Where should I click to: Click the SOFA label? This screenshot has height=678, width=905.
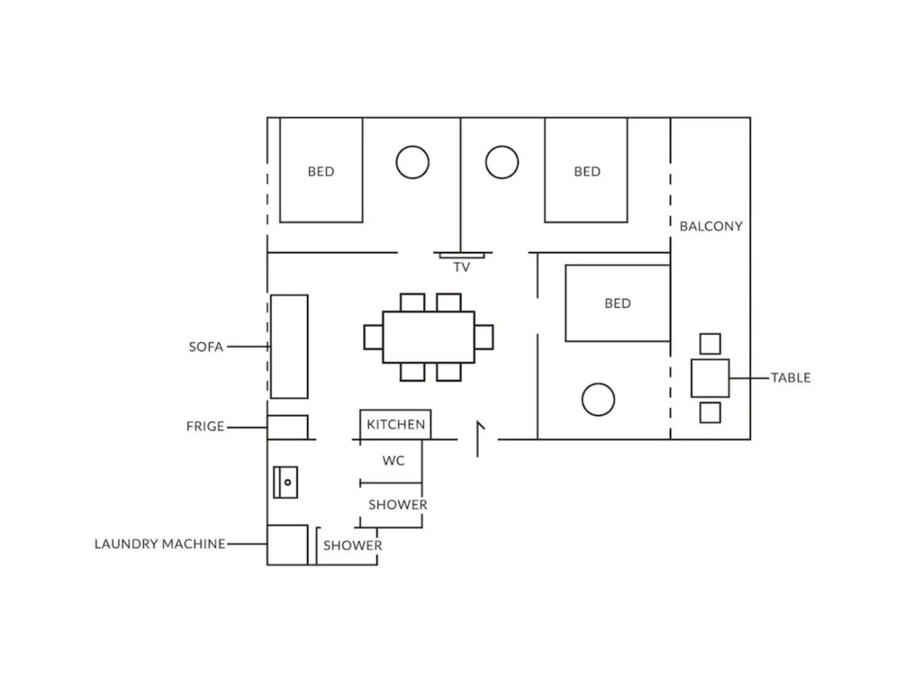(206, 347)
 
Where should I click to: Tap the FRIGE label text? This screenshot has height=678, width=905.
(205, 426)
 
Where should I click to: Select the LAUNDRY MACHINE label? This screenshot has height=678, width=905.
(160, 544)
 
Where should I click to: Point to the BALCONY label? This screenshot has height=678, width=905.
(711, 227)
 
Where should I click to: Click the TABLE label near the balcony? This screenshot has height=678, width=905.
(791, 378)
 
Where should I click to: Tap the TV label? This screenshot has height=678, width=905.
(462, 267)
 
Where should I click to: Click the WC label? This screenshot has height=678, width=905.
(393, 460)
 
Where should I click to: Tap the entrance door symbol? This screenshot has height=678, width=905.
(478, 439)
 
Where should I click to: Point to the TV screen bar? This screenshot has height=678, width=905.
(462, 256)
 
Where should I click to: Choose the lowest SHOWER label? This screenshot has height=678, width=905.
(352, 546)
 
